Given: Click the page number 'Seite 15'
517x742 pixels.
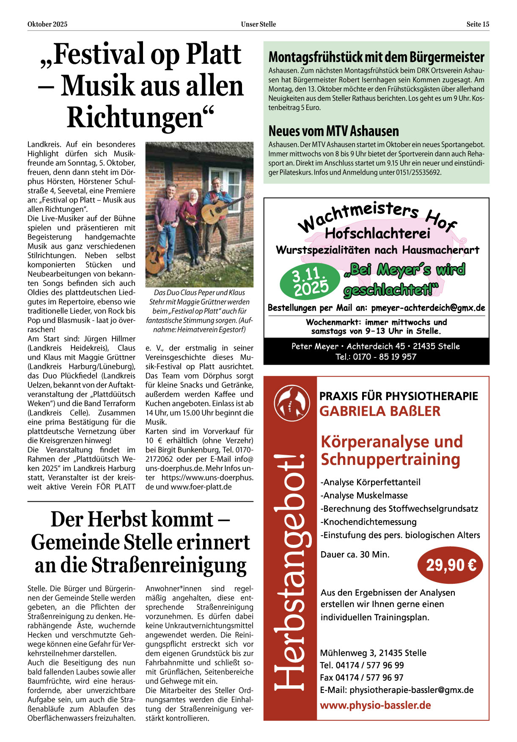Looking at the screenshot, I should pos(478,25).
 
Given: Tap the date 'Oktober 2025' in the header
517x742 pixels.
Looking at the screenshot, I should pos(47,25).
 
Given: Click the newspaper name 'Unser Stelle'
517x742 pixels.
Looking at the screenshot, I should pos(258,25).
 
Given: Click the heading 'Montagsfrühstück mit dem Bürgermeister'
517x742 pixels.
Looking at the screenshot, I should pos(376,57).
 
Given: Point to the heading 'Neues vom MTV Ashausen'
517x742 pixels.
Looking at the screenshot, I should pos(333,131).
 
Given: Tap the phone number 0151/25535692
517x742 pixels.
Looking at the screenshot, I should pos(418,173).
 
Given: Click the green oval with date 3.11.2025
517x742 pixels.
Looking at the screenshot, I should pos(310,281).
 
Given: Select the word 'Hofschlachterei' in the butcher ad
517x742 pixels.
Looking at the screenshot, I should pos(377,234).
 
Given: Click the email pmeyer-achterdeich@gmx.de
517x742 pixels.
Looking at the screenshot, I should pos(428,308).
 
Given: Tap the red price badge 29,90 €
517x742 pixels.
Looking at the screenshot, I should pos(451,565).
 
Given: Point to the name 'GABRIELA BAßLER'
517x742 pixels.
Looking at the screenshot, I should pos(379,411).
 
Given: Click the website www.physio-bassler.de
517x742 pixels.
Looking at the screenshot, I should pos(375,705).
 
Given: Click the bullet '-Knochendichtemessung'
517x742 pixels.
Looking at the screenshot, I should pos(368,522).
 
